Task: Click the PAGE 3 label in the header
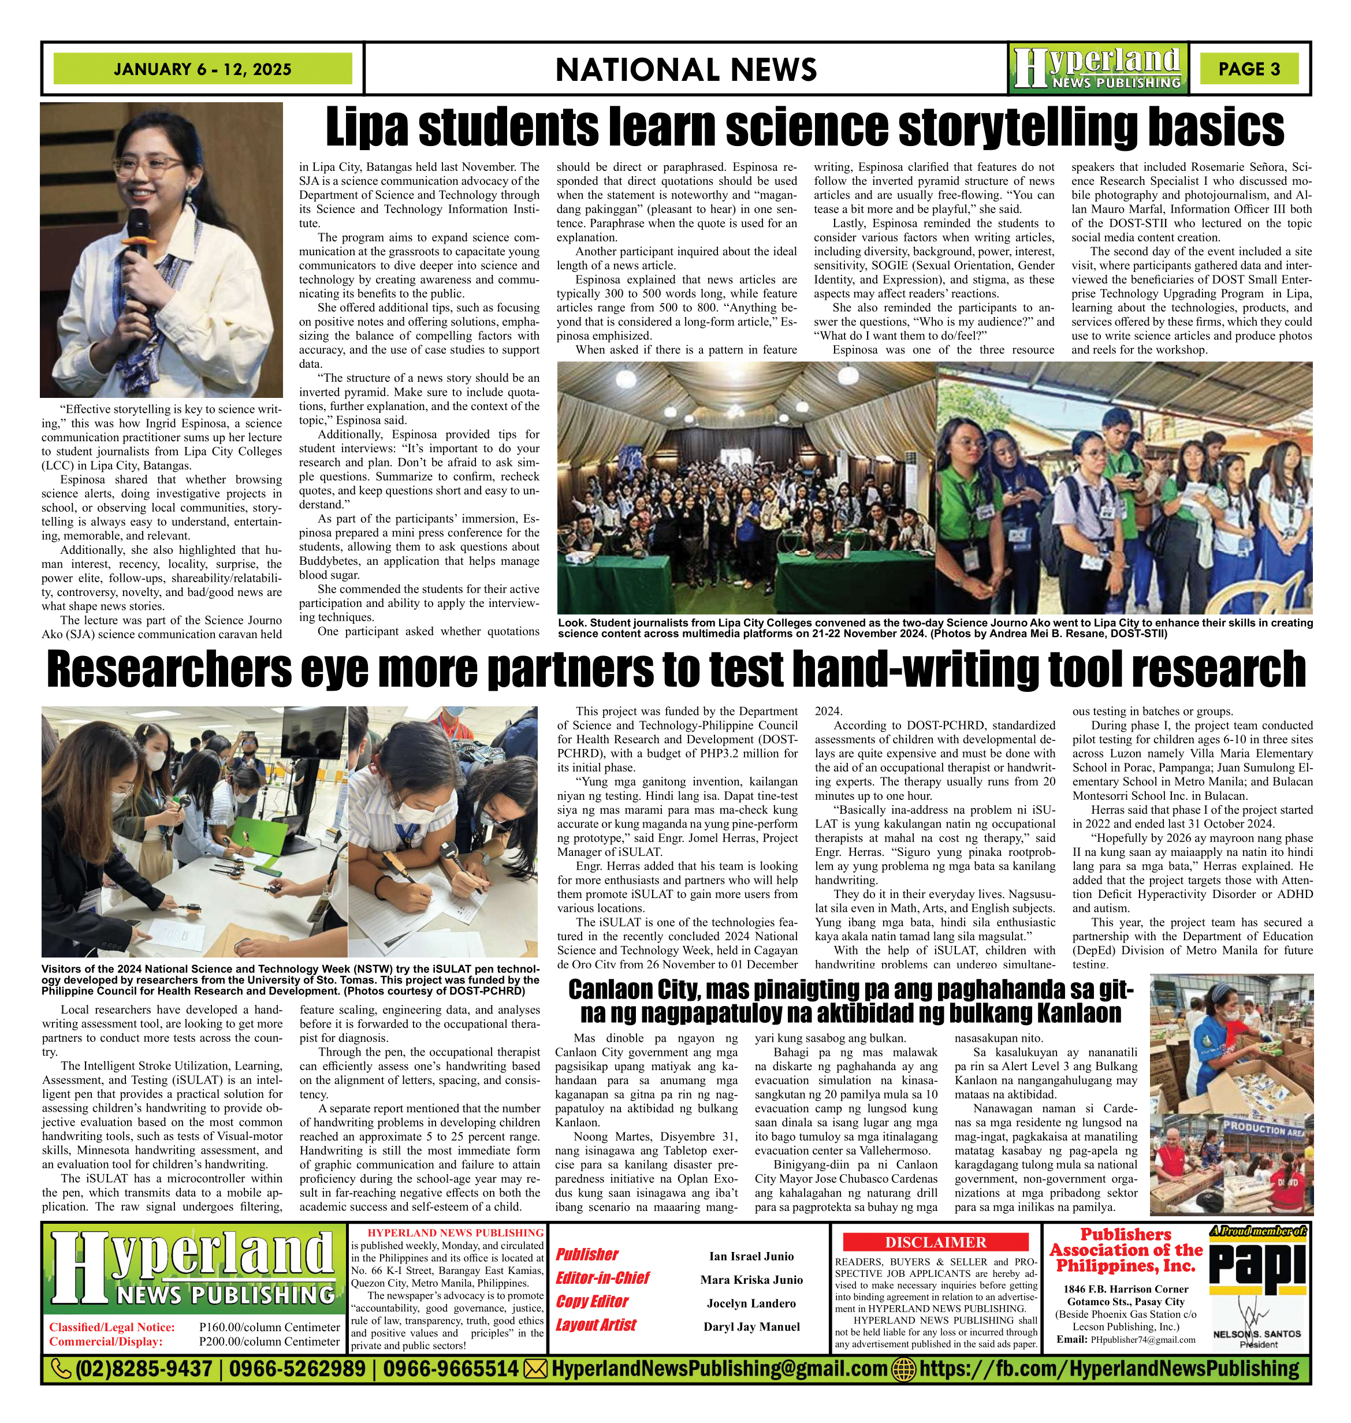click(x=1249, y=69)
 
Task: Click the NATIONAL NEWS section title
click(x=686, y=70)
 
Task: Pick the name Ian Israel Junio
click(x=751, y=1256)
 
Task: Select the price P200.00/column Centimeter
click(x=269, y=1342)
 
